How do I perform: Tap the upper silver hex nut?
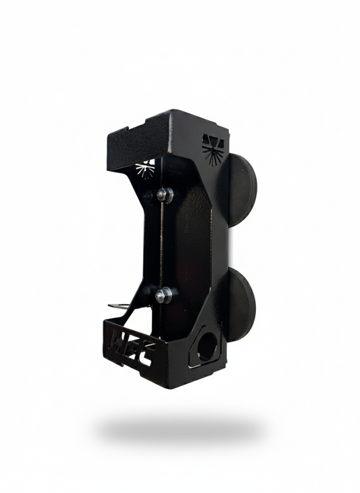pos(164,194)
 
